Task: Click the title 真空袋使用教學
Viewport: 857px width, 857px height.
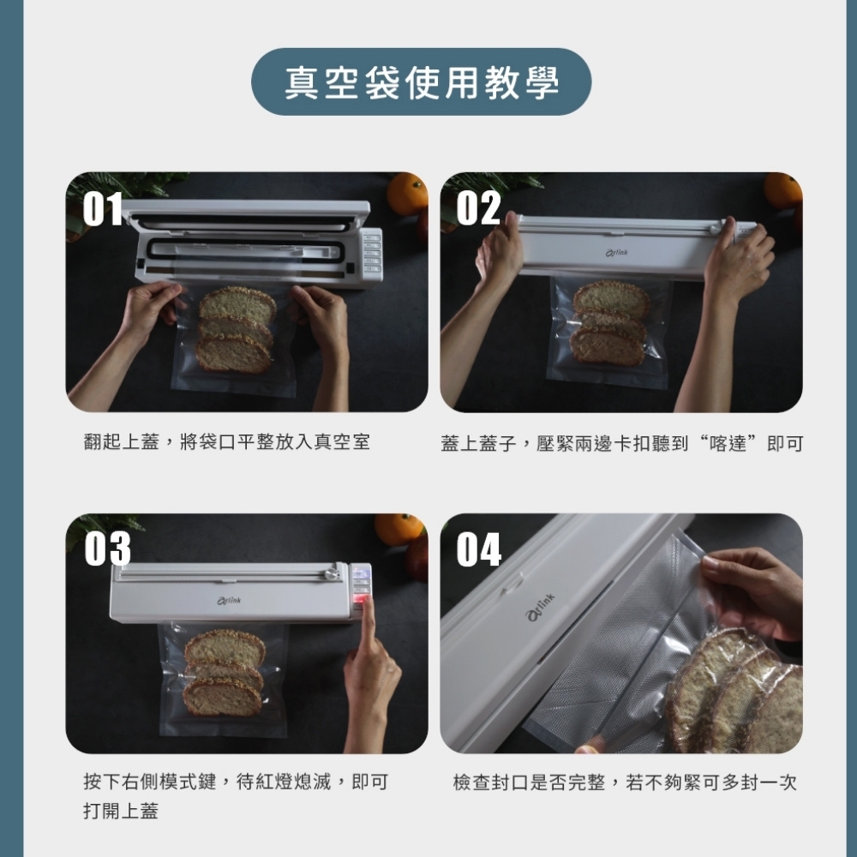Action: [x=422, y=82]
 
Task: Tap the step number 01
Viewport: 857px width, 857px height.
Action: [x=103, y=208]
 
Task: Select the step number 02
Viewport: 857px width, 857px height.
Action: [x=478, y=208]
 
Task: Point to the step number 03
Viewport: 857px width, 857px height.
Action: [x=107, y=548]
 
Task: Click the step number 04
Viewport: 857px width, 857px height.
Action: [x=479, y=549]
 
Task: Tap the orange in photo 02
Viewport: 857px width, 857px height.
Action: [x=782, y=189]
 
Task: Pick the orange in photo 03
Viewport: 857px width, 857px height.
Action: [x=399, y=529]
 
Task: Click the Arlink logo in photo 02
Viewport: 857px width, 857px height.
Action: [x=616, y=253]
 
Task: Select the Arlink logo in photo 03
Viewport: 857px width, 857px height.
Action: [x=229, y=601]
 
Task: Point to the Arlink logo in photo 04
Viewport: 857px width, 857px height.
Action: [x=541, y=607]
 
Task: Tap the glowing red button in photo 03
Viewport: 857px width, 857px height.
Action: [x=359, y=604]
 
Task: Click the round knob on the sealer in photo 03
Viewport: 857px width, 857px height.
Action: [x=331, y=573]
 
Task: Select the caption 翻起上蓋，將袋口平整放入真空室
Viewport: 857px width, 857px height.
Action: [x=227, y=441]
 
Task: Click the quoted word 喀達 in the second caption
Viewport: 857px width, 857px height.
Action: [x=727, y=443]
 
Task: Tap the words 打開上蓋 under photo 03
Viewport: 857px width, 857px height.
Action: [x=121, y=811]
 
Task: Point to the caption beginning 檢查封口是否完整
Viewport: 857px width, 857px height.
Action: [x=625, y=782]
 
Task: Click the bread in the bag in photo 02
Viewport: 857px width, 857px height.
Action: [x=610, y=323]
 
